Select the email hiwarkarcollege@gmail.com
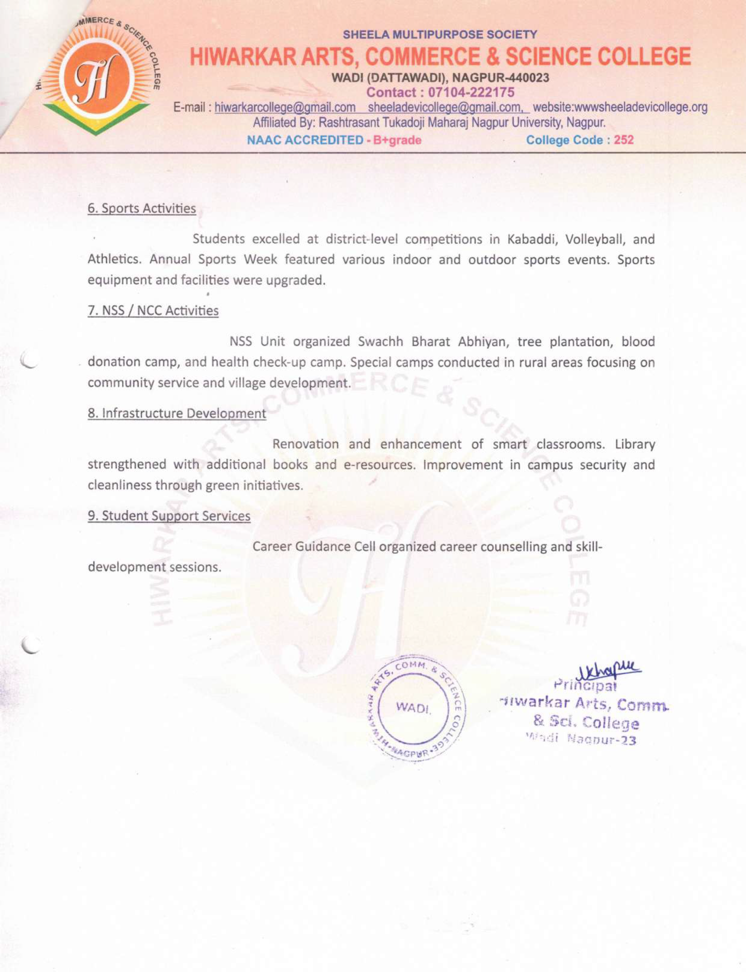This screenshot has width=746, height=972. click(x=285, y=107)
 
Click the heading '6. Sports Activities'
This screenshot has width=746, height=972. click(x=142, y=208)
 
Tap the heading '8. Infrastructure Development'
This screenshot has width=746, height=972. click(x=177, y=413)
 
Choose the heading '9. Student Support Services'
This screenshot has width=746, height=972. click(x=169, y=516)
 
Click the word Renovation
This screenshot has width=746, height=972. click(x=306, y=444)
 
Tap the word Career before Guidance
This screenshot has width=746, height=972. click(x=272, y=547)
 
